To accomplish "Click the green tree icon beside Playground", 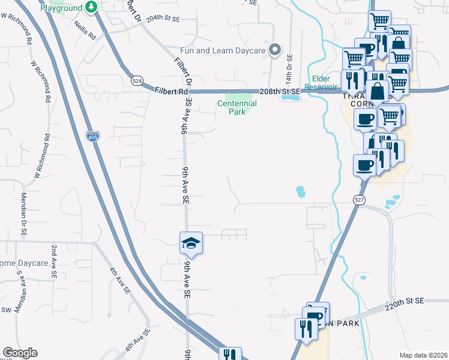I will tap(91, 7).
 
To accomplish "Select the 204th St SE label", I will tap(162, 19).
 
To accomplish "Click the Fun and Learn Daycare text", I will tap(223, 50).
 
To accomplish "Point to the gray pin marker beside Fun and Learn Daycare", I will tap(276, 50).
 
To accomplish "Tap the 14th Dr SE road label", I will tap(290, 70).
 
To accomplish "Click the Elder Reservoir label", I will tap(324, 83).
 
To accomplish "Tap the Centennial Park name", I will tap(237, 108).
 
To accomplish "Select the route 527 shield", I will tap(358, 202).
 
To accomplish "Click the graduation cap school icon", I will tap(191, 242).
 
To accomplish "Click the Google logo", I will tap(20, 353).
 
